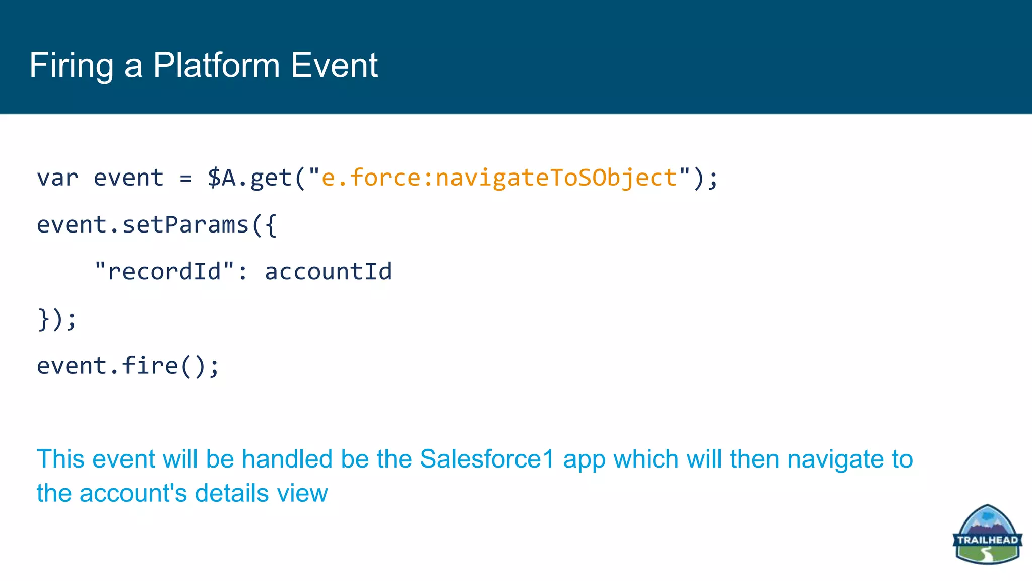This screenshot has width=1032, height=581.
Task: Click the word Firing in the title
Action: (x=72, y=66)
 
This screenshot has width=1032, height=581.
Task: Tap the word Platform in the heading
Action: (x=216, y=65)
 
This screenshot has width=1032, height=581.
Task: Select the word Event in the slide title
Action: (x=334, y=65)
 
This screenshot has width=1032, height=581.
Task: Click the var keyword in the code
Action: (x=57, y=178)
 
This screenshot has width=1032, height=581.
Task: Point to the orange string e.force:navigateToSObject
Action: (x=499, y=178)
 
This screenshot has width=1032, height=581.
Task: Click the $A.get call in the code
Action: (x=249, y=178)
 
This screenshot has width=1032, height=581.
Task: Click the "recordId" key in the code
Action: (x=164, y=272)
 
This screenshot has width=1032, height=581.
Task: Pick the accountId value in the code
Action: (x=328, y=272)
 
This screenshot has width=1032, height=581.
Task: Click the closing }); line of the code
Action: (x=57, y=319)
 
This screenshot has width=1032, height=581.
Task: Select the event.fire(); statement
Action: (x=128, y=366)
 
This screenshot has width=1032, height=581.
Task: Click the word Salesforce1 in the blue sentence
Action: (x=487, y=459)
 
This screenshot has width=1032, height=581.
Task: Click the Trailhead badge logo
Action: (x=987, y=535)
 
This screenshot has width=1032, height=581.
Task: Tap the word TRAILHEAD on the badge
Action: (x=987, y=540)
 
